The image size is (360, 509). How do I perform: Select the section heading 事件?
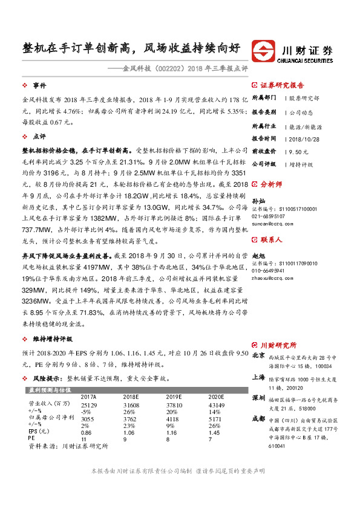coord(40,86)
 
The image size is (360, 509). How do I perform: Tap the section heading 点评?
coord(40,136)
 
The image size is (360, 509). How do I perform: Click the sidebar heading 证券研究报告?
coord(282,86)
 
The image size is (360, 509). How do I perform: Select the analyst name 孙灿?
coord(259,199)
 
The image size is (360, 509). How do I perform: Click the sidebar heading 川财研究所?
coord(278,345)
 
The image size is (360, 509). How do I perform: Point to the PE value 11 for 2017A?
coord(84,440)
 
